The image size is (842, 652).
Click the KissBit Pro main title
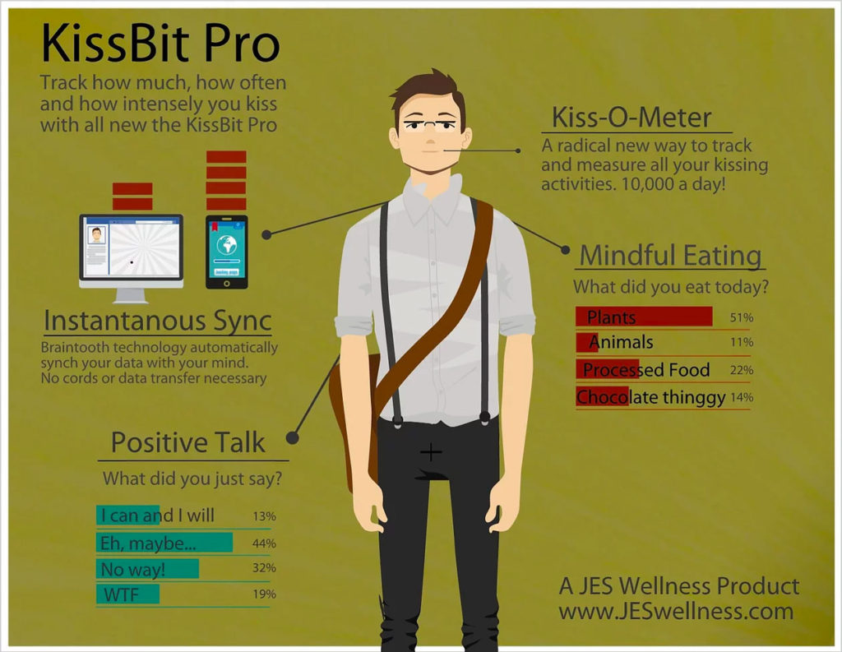160,43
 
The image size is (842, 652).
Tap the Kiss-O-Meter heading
631,117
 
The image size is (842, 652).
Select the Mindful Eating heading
671,255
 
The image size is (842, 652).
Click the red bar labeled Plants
644,317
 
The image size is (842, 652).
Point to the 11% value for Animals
742,342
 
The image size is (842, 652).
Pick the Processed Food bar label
646,369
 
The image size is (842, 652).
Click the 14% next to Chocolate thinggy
742,397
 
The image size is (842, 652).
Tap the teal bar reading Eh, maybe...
164,543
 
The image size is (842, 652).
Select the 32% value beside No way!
264,567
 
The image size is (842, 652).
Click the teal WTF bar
127,594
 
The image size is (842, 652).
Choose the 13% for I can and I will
264,516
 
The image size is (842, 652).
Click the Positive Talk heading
188,442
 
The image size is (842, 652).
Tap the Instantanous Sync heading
158,321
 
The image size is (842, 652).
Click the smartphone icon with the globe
227,252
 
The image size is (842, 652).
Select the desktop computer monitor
132,258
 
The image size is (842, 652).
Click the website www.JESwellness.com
676,611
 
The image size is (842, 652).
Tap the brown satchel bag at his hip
354,419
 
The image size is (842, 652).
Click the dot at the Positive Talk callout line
292,437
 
